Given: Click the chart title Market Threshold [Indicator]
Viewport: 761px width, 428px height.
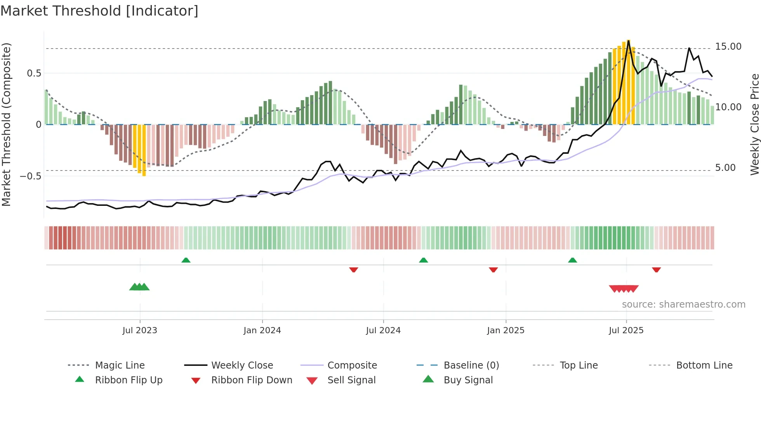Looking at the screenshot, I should tap(99, 11).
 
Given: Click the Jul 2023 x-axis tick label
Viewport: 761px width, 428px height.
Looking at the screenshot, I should tap(140, 331).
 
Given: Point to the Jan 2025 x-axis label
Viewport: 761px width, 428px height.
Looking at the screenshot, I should tap(506, 331).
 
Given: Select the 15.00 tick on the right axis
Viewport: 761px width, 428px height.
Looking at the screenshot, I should tap(728, 47).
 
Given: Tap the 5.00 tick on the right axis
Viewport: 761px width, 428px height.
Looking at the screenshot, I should tap(725, 168).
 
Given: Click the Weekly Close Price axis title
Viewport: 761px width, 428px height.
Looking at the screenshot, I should tap(754, 124).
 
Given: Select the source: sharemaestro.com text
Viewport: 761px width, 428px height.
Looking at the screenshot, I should tap(683, 304).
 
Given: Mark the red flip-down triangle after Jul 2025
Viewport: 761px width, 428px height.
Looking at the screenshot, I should tap(656, 270).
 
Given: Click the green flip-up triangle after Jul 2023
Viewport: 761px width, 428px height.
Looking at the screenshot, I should tap(186, 260).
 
